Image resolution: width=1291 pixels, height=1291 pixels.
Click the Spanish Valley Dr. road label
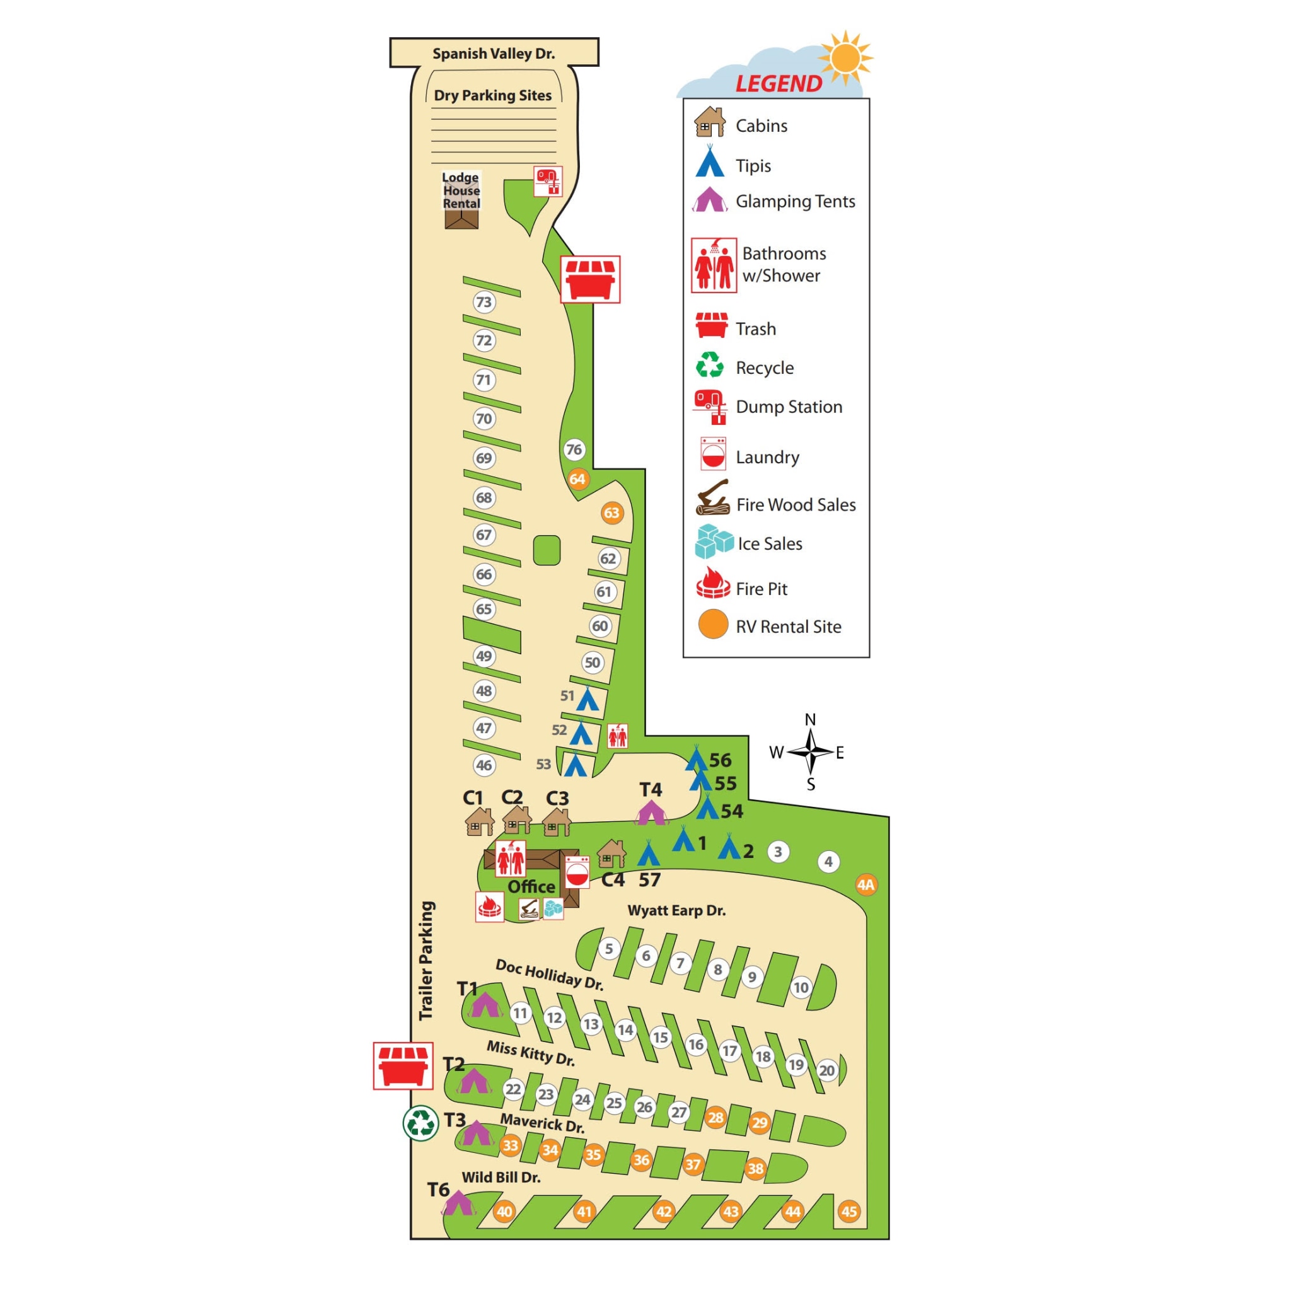[x=493, y=54]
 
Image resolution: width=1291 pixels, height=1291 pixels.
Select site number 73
[x=483, y=302]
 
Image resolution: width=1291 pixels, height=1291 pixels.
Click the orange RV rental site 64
[x=577, y=478]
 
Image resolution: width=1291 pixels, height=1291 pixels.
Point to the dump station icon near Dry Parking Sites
[x=548, y=181]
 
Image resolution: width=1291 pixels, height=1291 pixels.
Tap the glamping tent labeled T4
[x=650, y=813]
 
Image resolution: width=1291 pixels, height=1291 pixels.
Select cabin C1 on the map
[x=479, y=821]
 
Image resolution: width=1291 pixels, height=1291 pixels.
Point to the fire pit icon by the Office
[x=489, y=906]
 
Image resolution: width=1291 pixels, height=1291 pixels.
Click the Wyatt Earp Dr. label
[x=676, y=910]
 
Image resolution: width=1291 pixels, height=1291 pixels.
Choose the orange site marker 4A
[x=866, y=884]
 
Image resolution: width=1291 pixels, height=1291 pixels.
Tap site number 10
[x=801, y=987]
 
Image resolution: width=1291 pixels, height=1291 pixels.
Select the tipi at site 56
[x=697, y=759]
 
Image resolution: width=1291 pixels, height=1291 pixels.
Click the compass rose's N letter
[x=810, y=720]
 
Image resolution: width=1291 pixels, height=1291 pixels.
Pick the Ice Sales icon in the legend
[x=714, y=541]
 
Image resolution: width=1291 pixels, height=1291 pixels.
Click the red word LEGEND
[x=779, y=84]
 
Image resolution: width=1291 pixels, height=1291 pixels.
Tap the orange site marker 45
[x=848, y=1212]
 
